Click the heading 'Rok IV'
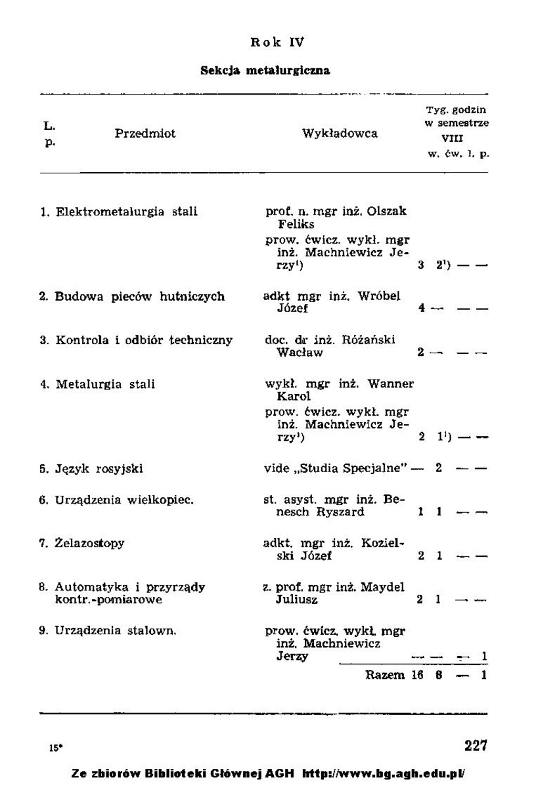pos(277,43)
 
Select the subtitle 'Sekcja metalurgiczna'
pos(265,70)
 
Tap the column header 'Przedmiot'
pos(145,133)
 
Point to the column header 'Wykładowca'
pos(340,133)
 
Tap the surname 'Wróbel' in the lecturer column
pos(379,296)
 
